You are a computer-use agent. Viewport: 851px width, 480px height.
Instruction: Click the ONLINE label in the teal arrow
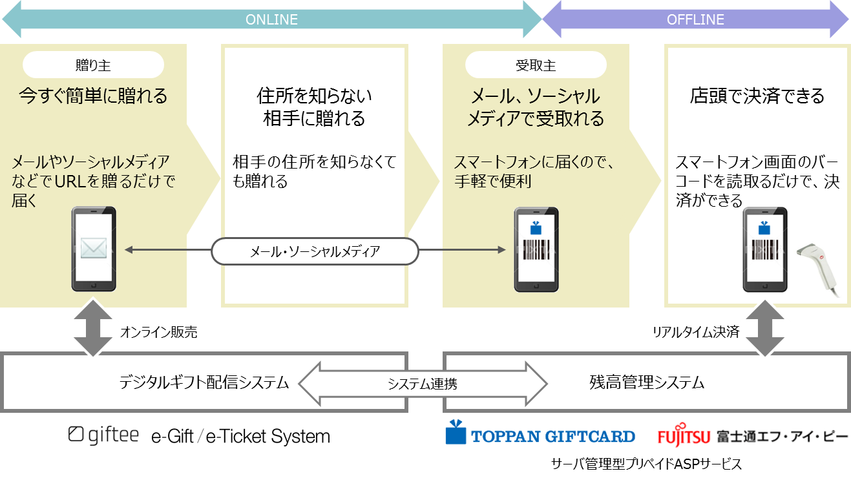271,19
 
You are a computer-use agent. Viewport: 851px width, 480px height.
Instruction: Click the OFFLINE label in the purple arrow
695,19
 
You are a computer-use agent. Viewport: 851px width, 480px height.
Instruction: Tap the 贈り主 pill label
93,65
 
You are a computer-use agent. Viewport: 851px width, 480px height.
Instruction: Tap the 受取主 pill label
536,65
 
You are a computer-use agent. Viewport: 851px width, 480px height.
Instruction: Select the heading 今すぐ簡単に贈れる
93,96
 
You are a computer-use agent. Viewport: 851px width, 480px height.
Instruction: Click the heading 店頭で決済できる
757,96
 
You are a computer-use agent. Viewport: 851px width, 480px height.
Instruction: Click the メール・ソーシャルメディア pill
315,251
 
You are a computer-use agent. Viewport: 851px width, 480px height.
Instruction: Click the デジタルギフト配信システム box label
204,382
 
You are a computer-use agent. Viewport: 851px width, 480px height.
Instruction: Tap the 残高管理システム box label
647,382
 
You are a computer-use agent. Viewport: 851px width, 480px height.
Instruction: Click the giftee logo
103,435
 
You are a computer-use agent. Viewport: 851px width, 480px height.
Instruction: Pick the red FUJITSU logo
684,437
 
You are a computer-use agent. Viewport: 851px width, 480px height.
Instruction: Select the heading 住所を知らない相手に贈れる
315,107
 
